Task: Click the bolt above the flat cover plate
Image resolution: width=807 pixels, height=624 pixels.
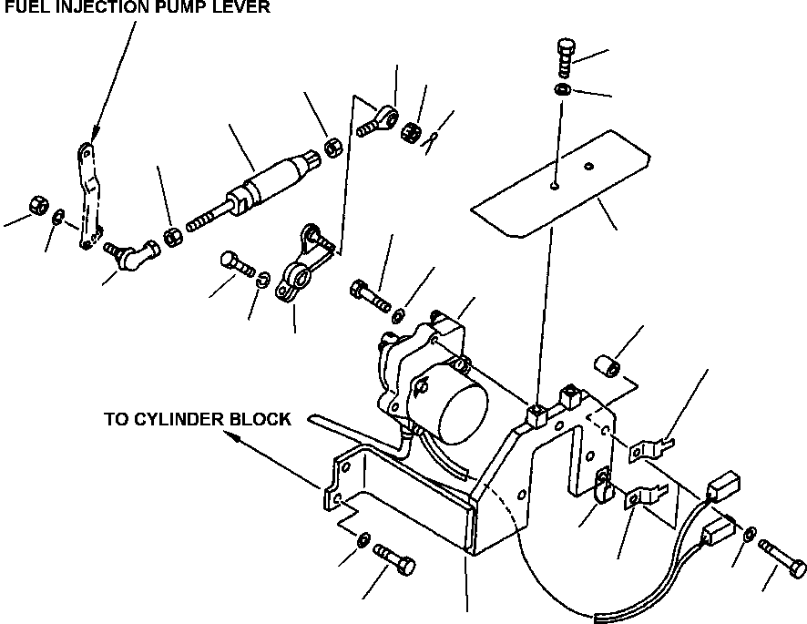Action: pyautogui.click(x=566, y=56)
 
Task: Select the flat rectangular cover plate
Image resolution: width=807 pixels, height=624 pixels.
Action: pyautogui.click(x=561, y=184)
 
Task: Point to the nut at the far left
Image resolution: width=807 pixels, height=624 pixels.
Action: pyautogui.click(x=37, y=204)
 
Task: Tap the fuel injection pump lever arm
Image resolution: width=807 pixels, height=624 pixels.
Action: pyautogui.click(x=89, y=196)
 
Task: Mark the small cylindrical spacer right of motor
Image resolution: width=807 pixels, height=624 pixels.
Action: pyautogui.click(x=608, y=365)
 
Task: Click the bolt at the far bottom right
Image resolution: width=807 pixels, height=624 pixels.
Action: pyautogui.click(x=782, y=558)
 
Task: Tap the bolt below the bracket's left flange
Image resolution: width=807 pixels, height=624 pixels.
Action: pyautogui.click(x=394, y=559)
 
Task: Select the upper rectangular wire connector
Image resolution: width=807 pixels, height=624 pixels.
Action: pyautogui.click(x=723, y=486)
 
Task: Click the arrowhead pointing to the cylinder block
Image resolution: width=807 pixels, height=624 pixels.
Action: pyautogui.click(x=232, y=436)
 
